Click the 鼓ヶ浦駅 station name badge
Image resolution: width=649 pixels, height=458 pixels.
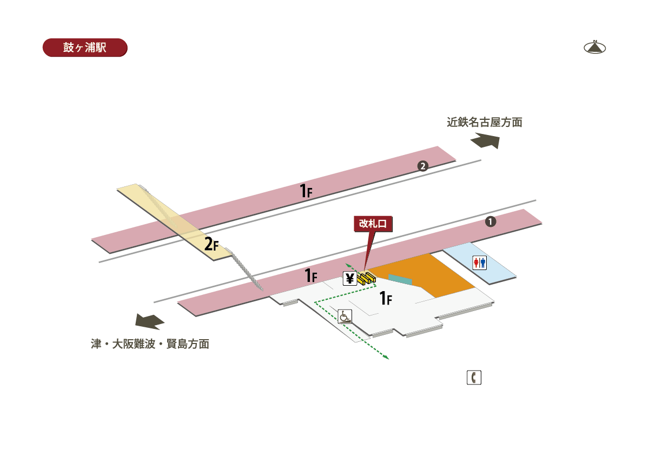click(85, 48)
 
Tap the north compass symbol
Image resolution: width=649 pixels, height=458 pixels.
click(594, 48)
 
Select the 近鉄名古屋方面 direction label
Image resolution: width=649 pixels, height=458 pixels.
click(485, 123)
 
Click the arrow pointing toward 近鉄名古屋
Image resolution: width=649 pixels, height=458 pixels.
click(486, 140)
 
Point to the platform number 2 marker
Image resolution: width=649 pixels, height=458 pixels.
click(423, 166)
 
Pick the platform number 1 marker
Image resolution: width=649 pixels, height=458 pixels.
click(491, 221)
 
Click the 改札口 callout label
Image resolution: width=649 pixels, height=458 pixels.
click(373, 224)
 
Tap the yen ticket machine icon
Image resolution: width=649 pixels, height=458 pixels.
click(350, 279)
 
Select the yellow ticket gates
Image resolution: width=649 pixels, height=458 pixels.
click(367, 278)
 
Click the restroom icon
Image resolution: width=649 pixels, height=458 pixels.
click(480, 263)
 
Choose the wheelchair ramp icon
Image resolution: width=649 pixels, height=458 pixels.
click(345, 316)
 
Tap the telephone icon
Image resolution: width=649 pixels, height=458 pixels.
click(474, 378)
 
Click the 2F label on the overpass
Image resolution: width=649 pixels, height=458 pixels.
click(211, 244)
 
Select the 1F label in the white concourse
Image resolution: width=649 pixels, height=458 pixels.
click(386, 298)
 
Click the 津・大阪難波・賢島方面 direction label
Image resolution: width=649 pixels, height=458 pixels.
click(150, 344)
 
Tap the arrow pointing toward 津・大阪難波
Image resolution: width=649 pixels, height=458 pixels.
click(150, 321)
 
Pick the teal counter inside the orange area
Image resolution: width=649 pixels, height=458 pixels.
click(400, 279)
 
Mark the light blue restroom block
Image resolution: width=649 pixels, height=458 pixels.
click(480, 263)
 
